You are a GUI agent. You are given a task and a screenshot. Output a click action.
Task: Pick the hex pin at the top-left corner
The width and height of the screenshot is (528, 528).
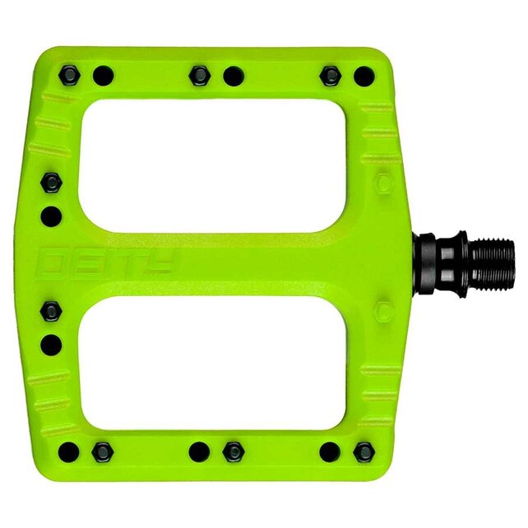click(70, 76)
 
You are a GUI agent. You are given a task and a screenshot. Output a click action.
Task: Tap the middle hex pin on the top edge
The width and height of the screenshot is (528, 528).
click(199, 76)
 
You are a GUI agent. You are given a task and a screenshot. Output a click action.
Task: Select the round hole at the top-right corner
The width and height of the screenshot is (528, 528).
click(363, 77)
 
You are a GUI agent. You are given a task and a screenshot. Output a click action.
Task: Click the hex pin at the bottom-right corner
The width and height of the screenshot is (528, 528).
click(363, 452)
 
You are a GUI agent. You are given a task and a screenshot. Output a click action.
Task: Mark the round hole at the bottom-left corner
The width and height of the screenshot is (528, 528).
click(70, 451)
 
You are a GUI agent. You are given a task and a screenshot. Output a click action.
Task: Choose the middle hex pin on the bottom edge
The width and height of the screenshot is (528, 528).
click(234, 452)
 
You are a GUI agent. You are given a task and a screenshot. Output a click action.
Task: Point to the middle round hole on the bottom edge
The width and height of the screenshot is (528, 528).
click(199, 452)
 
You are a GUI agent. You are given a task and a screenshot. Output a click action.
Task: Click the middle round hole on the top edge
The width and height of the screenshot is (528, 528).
click(234, 76)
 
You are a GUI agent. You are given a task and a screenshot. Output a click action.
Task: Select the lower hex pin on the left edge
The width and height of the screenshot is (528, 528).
click(51, 311)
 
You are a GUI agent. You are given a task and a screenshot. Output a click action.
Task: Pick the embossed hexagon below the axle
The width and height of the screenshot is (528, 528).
click(384, 311)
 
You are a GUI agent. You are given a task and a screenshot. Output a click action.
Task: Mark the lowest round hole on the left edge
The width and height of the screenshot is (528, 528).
click(51, 344)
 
